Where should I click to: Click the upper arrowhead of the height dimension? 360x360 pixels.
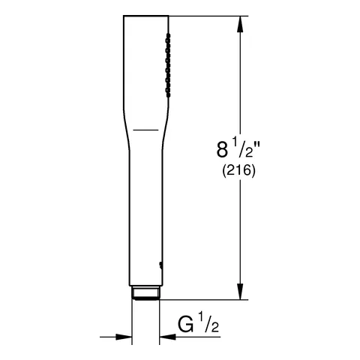tap(239, 22)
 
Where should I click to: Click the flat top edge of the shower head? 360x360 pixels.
tap(146, 16)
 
